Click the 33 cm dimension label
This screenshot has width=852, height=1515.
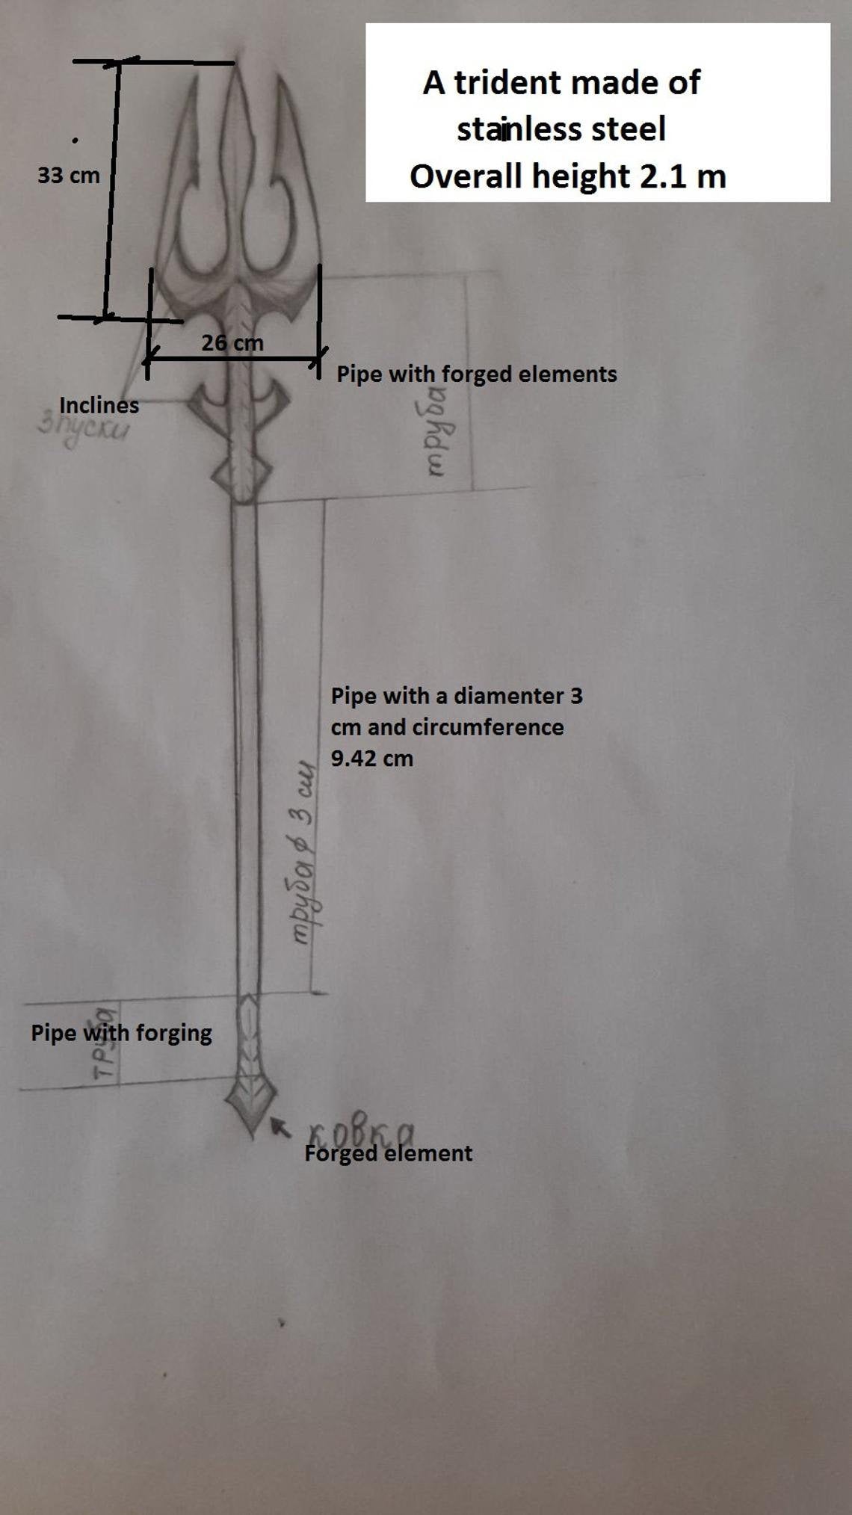[x=68, y=176]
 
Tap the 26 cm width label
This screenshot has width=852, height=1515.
[x=232, y=343]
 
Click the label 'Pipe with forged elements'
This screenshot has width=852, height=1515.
[x=476, y=374]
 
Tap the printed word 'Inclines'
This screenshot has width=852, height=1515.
[x=99, y=405]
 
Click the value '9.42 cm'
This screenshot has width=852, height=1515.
[x=371, y=759]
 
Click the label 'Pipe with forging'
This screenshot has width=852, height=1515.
[x=121, y=1033]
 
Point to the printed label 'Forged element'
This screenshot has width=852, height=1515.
[x=388, y=1153]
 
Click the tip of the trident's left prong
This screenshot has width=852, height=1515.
[x=195, y=81]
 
